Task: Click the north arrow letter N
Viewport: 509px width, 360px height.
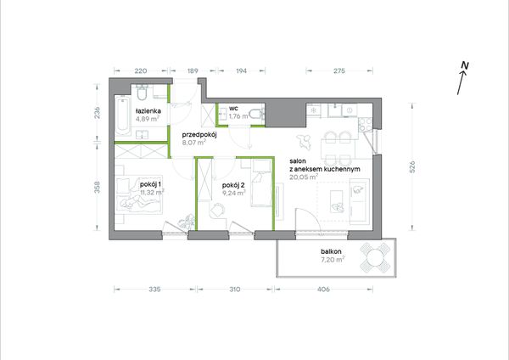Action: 465,65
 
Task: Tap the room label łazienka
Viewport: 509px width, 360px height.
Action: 148,110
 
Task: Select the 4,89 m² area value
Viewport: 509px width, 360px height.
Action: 148,119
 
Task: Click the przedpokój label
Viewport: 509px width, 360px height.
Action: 199,134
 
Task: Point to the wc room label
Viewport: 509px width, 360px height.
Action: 233,108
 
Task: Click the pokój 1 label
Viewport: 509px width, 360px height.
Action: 151,184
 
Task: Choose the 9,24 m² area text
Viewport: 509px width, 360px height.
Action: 234,193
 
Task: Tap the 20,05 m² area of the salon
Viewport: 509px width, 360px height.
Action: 304,177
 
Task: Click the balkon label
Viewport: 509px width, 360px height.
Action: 331,251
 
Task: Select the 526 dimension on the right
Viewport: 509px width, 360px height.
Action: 412,167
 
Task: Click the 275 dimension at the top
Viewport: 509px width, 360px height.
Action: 339,70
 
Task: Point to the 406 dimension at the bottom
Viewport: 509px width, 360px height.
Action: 324,289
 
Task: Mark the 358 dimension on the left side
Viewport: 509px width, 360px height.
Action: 98,187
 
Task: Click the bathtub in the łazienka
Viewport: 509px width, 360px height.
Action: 123,116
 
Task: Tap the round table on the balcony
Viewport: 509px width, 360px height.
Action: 375,257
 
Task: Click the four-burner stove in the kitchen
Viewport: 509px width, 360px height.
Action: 365,125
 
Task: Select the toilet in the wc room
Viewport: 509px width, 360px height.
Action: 258,115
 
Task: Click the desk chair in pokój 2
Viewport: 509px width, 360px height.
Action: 217,210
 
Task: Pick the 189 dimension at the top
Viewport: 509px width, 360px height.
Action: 193,70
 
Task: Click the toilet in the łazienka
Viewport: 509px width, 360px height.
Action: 142,92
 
